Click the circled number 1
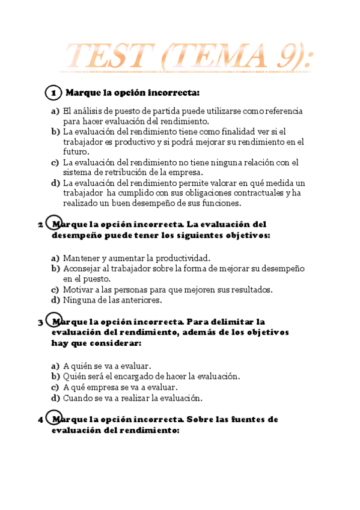[x=53, y=93]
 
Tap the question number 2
[x=40, y=225]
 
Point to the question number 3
[x=40, y=322]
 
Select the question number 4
[x=40, y=420]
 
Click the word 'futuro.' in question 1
[x=76, y=152]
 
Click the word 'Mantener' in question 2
[x=81, y=257]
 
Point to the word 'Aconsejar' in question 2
[x=82, y=268]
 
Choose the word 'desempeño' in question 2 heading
[x=80, y=236]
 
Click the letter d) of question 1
[x=55, y=183]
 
